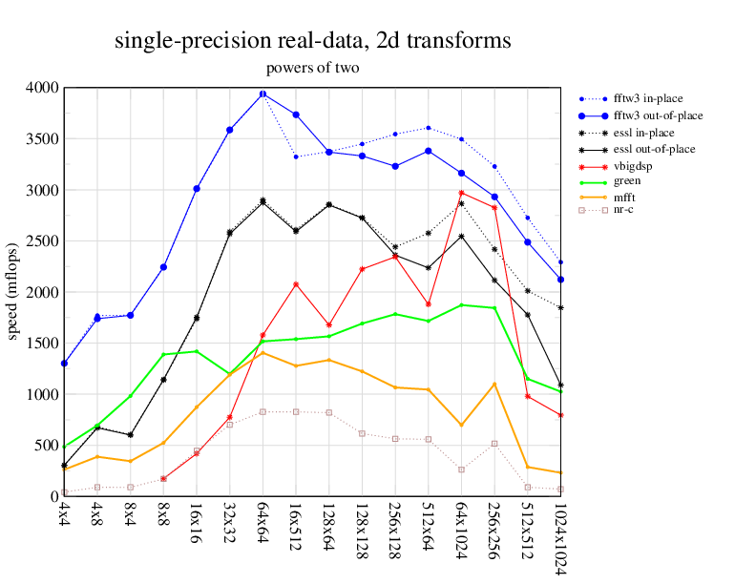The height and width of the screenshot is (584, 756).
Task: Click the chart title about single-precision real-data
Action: click(312, 41)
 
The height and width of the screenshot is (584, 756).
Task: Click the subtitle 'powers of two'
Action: click(312, 68)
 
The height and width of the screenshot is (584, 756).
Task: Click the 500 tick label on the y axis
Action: click(45, 446)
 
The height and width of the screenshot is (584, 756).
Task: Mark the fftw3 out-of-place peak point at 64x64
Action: click(262, 94)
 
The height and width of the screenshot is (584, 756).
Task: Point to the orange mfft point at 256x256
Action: click(494, 385)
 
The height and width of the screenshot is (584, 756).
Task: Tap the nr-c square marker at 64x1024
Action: click(461, 469)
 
